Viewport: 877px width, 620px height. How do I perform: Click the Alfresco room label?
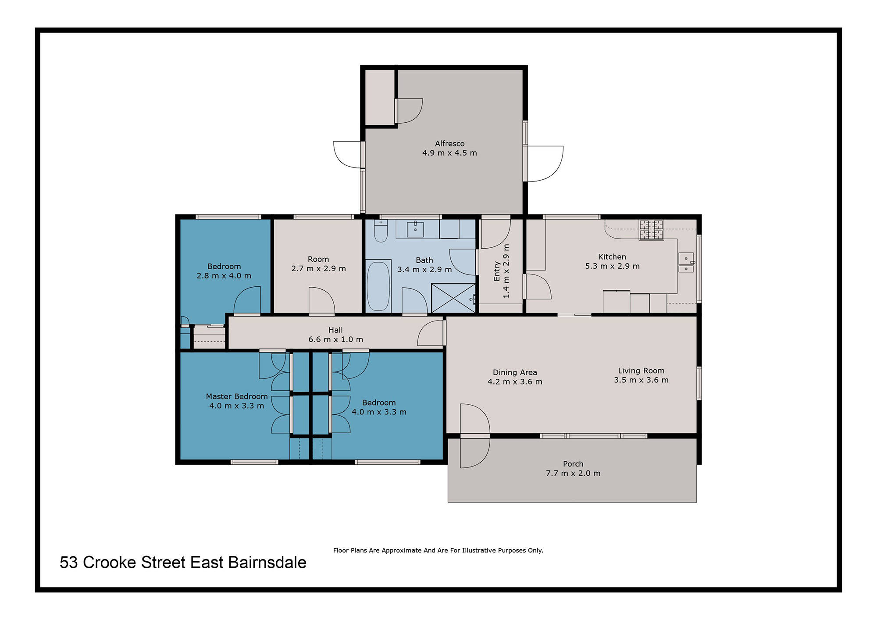pyautogui.click(x=449, y=143)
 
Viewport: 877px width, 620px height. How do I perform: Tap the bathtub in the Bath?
pyautogui.click(x=378, y=286)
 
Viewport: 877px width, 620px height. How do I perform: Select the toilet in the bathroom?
pyautogui.click(x=381, y=231)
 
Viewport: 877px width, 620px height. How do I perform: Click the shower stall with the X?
pyautogui.click(x=453, y=298)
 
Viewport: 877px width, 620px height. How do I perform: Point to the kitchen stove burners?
pyautogui.click(x=651, y=230)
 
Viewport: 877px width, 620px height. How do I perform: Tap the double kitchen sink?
pyautogui.click(x=686, y=262)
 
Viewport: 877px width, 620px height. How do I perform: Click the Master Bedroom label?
pyautogui.click(x=237, y=396)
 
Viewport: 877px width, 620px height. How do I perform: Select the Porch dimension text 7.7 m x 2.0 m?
pyautogui.click(x=573, y=473)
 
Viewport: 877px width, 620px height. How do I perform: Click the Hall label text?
pyautogui.click(x=335, y=330)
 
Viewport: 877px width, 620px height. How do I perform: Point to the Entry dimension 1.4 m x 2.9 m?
pyautogui.click(x=506, y=271)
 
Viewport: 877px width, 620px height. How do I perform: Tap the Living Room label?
pyautogui.click(x=641, y=371)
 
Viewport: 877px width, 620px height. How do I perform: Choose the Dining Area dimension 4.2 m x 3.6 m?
pyautogui.click(x=515, y=382)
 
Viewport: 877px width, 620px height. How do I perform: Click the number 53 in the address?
pyautogui.click(x=69, y=563)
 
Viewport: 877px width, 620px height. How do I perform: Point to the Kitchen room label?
pyautogui.click(x=612, y=257)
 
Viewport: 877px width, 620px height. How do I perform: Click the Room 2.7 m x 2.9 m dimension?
pyautogui.click(x=318, y=268)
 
